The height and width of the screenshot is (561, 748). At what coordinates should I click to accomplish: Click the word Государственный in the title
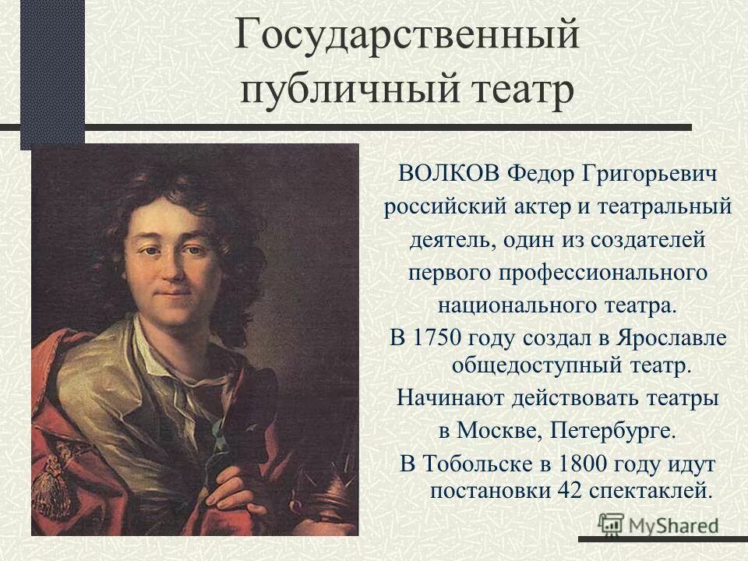coord(407,39)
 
